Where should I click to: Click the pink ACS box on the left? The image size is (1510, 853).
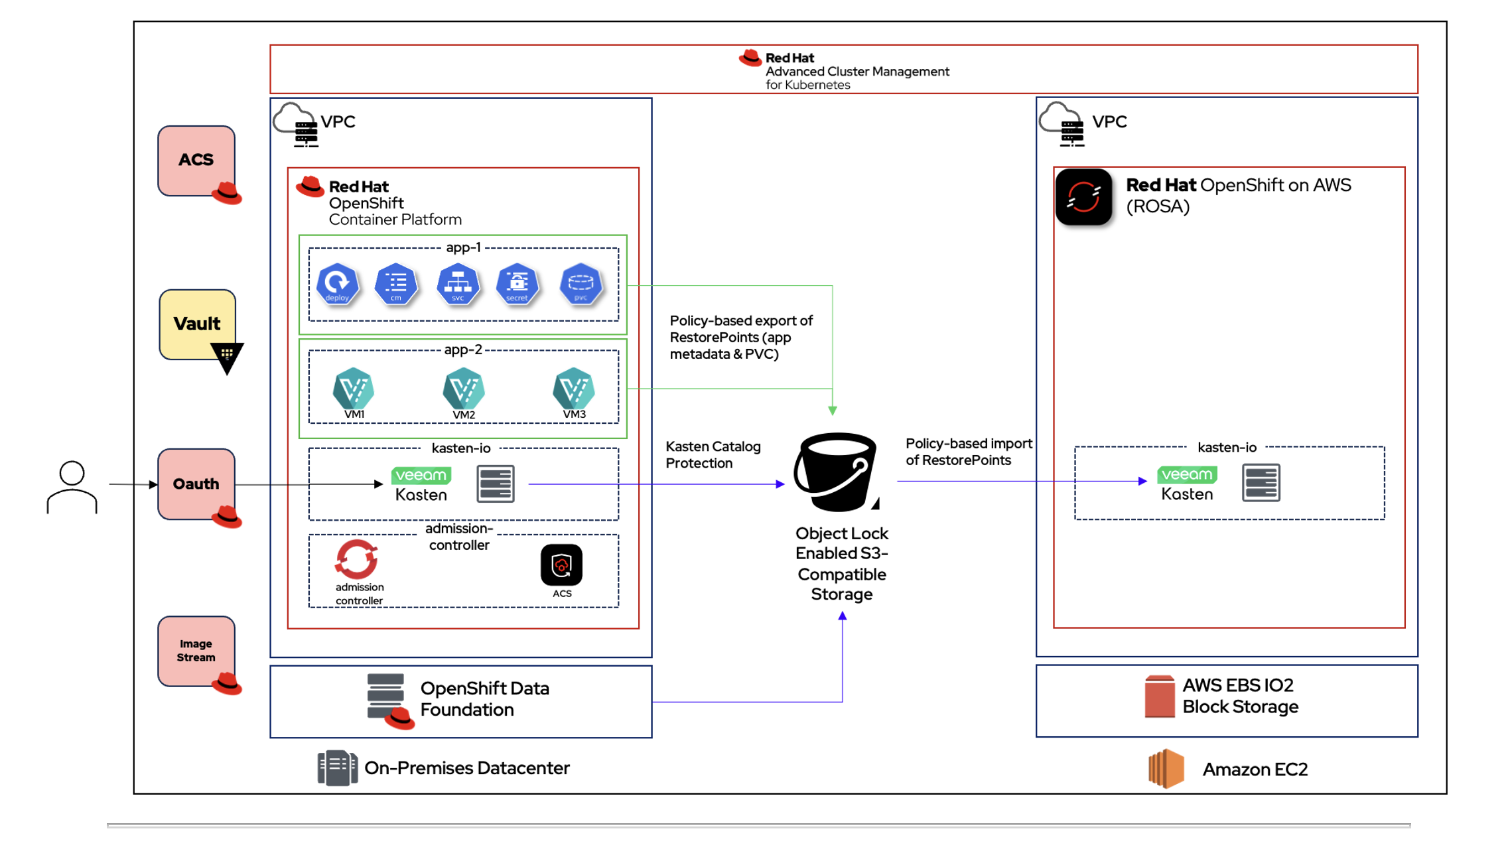click(x=196, y=161)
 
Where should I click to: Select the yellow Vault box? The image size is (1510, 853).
click(x=197, y=324)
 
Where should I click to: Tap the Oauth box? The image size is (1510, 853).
click(x=196, y=484)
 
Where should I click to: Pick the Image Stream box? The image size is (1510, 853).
click(x=196, y=651)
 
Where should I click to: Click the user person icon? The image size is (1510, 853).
click(x=72, y=487)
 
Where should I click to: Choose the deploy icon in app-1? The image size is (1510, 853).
click(x=337, y=284)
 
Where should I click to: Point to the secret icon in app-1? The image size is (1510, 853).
click(x=517, y=284)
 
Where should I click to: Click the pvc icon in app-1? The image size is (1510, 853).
click(x=581, y=284)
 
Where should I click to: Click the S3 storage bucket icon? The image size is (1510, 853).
click(x=837, y=472)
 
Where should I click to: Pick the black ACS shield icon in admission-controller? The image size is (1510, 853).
click(x=561, y=565)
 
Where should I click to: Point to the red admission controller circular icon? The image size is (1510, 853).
click(x=357, y=559)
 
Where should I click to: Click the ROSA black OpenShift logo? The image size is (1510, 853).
click(x=1083, y=197)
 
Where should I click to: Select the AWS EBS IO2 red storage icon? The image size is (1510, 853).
click(x=1159, y=696)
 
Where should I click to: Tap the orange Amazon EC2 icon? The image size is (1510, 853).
click(x=1166, y=769)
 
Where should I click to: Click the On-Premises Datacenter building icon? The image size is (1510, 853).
click(x=337, y=768)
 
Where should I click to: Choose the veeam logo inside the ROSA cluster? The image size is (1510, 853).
click(x=1187, y=475)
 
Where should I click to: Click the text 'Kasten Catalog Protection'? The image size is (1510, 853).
click(x=713, y=454)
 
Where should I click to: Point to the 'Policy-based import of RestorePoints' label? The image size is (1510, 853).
click(x=968, y=452)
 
